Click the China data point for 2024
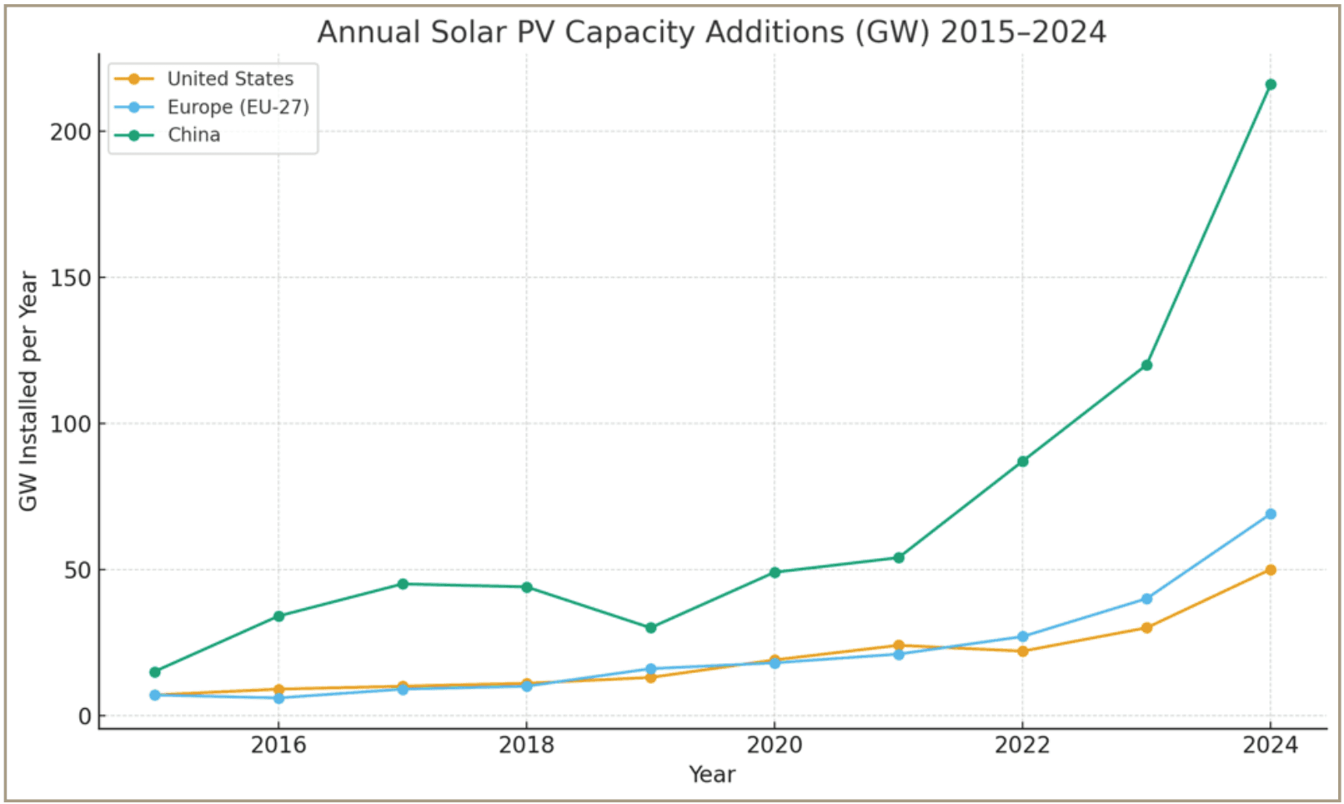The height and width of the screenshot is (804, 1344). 1270,84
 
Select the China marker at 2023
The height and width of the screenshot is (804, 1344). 1146,364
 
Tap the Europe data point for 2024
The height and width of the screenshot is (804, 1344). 1270,514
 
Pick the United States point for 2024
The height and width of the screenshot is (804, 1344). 1270,570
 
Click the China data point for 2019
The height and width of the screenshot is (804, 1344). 650,627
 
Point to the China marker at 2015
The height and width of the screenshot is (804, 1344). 155,671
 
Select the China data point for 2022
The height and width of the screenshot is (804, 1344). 1022,461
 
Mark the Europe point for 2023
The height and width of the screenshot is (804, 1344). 1146,598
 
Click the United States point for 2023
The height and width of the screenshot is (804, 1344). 1146,627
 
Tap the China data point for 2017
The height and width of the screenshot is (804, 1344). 403,584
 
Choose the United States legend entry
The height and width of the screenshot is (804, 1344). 230,79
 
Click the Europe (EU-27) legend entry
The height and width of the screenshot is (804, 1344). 238,108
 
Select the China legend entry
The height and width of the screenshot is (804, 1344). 193,135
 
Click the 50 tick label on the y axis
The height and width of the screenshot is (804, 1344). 76,570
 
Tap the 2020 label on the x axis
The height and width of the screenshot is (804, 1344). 774,744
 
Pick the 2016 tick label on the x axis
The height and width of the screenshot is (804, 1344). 278,744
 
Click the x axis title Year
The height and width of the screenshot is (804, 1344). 712,775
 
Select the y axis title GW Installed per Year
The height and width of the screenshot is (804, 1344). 28,390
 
